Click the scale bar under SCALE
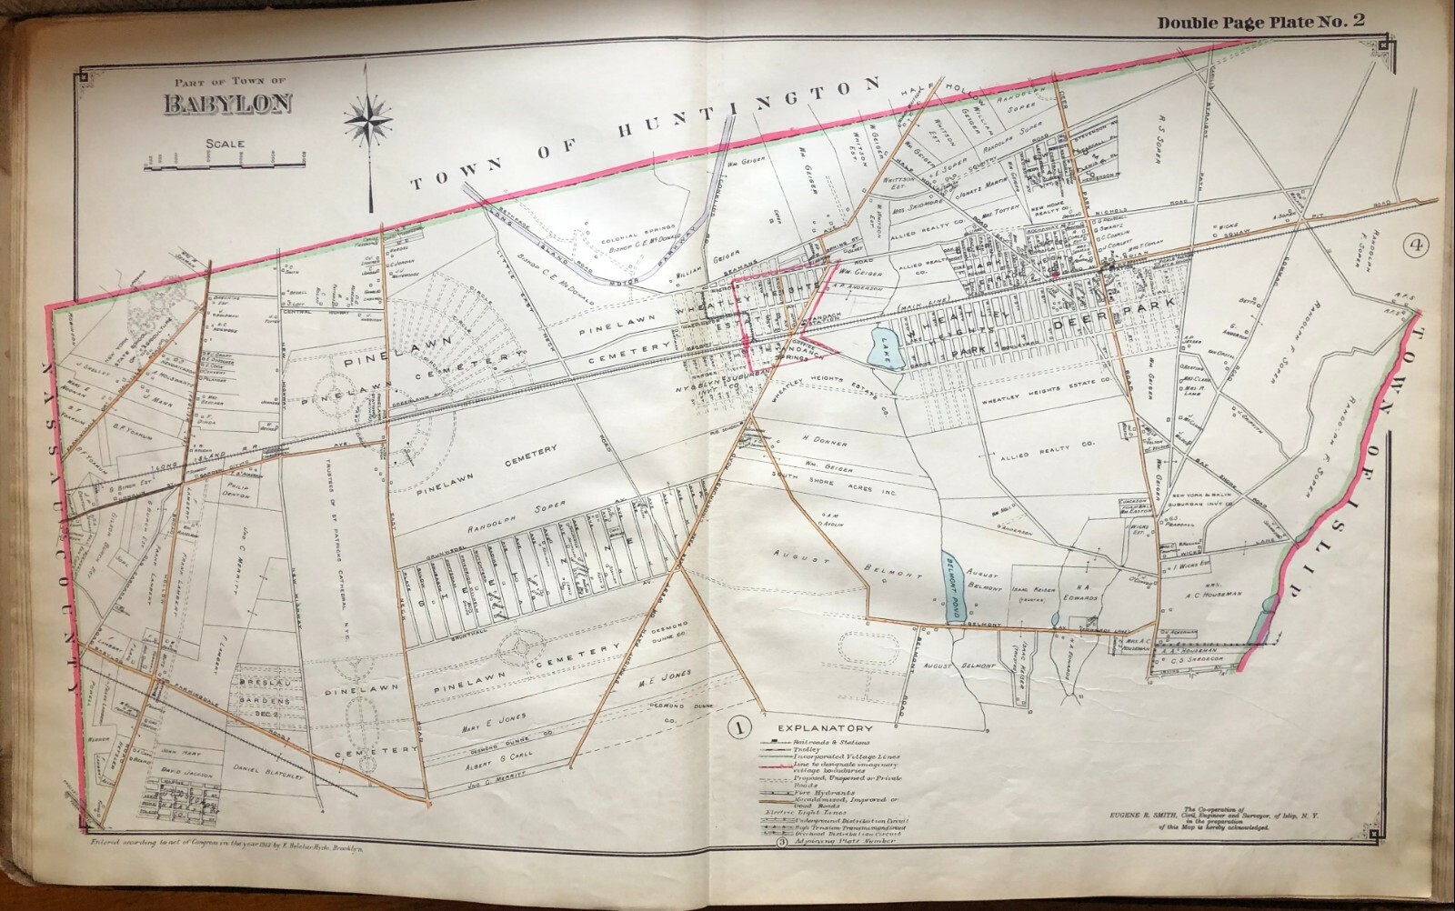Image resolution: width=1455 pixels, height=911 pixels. click(x=223, y=164)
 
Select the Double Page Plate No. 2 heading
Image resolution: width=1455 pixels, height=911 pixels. click(x=1268, y=23)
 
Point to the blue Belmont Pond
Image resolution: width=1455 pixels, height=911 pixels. click(x=951, y=586)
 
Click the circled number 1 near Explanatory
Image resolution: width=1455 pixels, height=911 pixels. click(x=738, y=726)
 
